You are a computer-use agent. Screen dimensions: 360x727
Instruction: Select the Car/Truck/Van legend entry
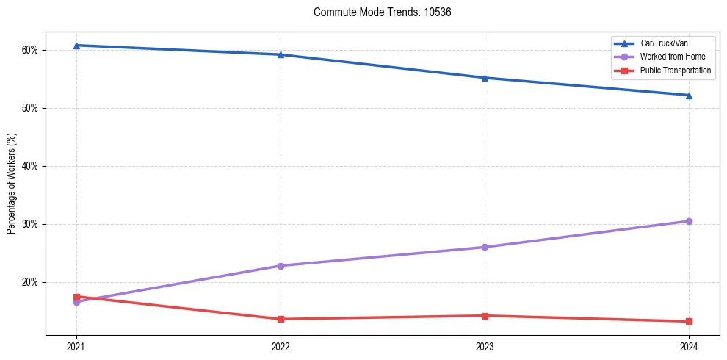pos(664,43)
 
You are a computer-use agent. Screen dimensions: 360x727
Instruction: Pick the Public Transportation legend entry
pos(675,71)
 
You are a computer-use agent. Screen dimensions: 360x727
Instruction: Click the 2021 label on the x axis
pos(76,346)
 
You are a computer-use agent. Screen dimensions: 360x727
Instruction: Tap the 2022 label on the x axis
pos(281,346)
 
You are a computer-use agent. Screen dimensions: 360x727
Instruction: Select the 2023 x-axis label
pos(485,346)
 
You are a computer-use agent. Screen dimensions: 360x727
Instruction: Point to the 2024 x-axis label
pos(689,346)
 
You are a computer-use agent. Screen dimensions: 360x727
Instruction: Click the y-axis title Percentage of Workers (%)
pos(12,184)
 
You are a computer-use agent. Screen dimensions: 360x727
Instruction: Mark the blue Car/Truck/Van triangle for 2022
pos(281,54)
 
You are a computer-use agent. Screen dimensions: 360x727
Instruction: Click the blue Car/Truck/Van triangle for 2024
pos(689,95)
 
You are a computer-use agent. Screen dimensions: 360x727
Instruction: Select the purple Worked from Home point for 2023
pos(485,247)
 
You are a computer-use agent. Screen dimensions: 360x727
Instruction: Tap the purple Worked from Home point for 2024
pos(689,221)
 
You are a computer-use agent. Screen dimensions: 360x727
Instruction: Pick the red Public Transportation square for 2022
pos(281,319)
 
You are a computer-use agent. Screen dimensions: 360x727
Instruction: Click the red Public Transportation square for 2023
pos(485,316)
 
